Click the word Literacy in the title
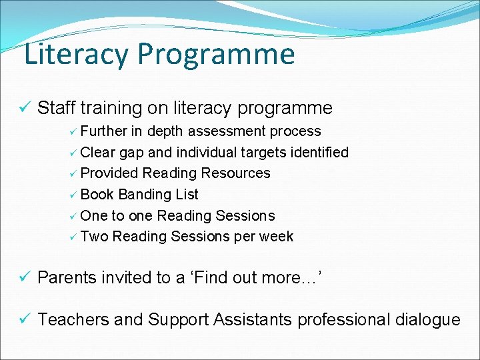[x=75, y=55]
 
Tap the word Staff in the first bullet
[x=54, y=108]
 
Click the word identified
[x=318, y=152]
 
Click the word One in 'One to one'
[x=93, y=216]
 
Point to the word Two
[x=94, y=237]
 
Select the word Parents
[x=67, y=278]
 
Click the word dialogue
[x=427, y=320]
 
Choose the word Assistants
[x=253, y=320]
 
